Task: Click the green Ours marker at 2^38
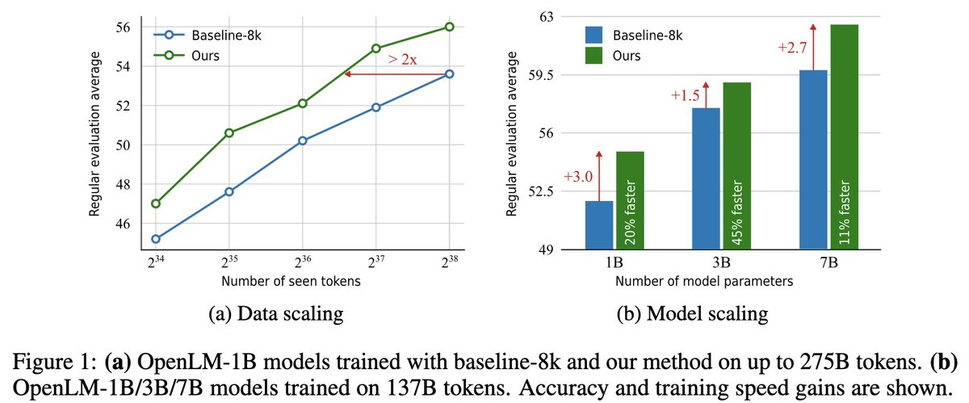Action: coord(449,27)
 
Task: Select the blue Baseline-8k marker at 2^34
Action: coord(155,238)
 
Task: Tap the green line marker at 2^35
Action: coord(229,132)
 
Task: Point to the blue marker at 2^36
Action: coord(302,141)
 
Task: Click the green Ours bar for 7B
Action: coord(844,137)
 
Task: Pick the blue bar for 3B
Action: coord(706,178)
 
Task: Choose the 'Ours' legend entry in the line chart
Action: coord(206,56)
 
